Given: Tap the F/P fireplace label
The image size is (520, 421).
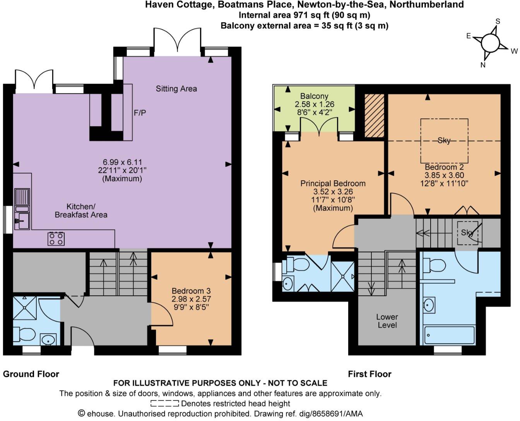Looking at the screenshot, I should pos(140,113).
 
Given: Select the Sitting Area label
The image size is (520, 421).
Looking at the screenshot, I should pos(176,89).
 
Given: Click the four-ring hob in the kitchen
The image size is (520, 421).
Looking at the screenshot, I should pos(56,239).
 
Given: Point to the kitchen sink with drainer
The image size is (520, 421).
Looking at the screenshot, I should pos(22,209).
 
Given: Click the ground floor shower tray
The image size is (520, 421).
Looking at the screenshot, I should pos(25,308).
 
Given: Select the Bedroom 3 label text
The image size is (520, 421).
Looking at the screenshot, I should pos(191,291).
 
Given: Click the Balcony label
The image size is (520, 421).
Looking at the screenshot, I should pos(314,96).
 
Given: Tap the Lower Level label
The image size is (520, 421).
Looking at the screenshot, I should pos(387,321).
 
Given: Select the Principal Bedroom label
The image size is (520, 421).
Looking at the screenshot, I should pos(333,183).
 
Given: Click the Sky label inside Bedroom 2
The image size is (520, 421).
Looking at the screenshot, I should pos(444,140).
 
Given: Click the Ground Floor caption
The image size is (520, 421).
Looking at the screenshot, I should pos(31,374).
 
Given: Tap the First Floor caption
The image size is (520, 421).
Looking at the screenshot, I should pos(369,374).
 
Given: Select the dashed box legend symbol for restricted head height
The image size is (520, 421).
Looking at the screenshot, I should pos(165,404).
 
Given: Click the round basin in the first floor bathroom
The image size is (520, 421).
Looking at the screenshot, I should pos(429,305).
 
